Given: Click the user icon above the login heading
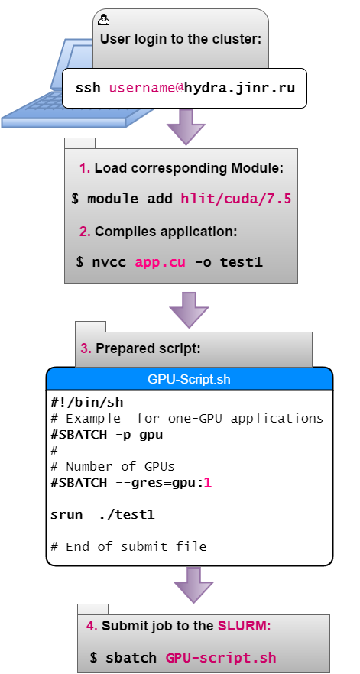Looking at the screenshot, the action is point(104,19).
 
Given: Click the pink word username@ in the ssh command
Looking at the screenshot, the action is point(147,88).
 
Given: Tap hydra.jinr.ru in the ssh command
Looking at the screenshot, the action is point(240,88).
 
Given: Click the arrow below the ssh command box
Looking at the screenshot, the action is point(186,126).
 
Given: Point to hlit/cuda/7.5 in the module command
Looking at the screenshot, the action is point(236,199).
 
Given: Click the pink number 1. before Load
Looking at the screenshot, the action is point(85,168).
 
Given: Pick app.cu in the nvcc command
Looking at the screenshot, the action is point(161,262).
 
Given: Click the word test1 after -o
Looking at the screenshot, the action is point(242,262).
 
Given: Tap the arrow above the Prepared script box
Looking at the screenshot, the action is point(189,310).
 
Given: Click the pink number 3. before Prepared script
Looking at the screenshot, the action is point(86,348).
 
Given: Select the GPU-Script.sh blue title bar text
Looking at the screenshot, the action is point(189,379).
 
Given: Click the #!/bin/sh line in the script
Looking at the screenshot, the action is point(87,403).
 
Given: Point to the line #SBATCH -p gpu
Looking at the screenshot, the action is point(107,435).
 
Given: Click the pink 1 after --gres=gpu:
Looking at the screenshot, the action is point(208,483).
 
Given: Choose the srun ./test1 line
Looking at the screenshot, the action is point(102,514).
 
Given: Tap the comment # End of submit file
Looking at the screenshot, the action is point(128,546).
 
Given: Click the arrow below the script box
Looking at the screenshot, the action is point(193,585).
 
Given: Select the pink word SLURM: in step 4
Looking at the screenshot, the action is point(245,625).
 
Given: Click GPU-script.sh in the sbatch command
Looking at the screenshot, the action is point(221,658).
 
